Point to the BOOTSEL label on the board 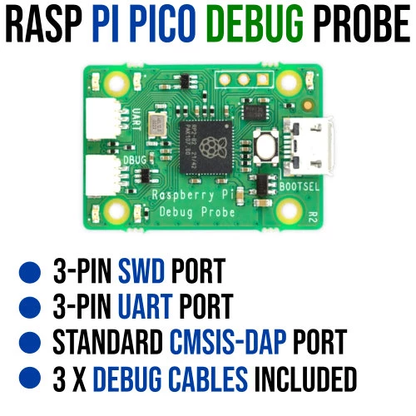coord(300,187)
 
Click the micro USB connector coord(308,146)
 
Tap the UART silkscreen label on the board coord(136,120)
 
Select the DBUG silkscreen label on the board coord(135,161)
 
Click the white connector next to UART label coord(103,119)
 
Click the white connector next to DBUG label coord(103,176)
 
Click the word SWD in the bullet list coord(141,270)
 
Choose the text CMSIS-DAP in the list coord(228,342)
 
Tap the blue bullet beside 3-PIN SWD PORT coord(30,272)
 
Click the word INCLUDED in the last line coord(305,379)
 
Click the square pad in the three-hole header coord(262,80)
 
